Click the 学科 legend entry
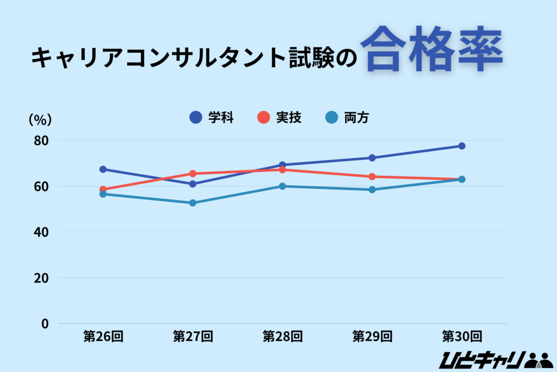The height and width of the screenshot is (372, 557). (212, 117)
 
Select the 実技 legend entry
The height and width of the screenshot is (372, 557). (280, 117)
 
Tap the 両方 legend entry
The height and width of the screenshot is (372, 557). (348, 117)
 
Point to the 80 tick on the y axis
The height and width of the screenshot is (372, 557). (41, 141)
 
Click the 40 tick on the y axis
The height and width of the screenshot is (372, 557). (41, 232)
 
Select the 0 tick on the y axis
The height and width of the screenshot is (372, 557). (45, 324)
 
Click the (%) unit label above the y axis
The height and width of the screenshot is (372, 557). (40, 119)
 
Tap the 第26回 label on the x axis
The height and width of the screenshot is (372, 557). (103, 336)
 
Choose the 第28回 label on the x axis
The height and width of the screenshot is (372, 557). (282, 336)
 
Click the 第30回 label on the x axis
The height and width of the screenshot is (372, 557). (461, 336)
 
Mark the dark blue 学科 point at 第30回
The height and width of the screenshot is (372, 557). (461, 146)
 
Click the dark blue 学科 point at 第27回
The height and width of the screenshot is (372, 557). (193, 184)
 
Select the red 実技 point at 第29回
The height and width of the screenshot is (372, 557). (372, 176)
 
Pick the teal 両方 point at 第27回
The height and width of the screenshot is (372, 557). (193, 203)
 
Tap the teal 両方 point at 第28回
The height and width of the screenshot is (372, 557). (282, 186)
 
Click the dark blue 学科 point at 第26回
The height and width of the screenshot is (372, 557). (103, 169)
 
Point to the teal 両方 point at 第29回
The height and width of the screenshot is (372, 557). (372, 190)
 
